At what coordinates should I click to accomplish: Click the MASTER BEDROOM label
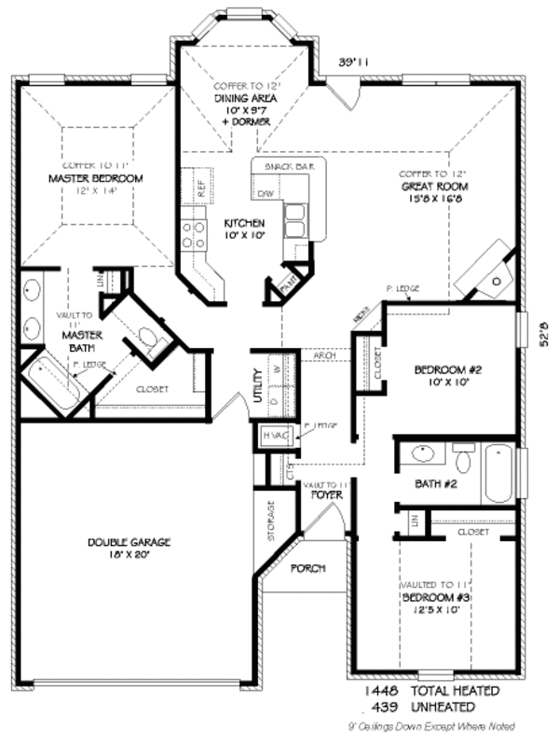(x=95, y=177)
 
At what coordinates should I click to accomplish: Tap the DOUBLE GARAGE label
(x=130, y=542)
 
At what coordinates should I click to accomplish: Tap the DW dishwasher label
(x=265, y=193)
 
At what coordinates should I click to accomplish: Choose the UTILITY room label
(x=257, y=385)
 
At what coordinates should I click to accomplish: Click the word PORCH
(x=307, y=568)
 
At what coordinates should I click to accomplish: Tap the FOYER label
(x=326, y=494)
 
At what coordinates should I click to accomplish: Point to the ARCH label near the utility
(x=325, y=355)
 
